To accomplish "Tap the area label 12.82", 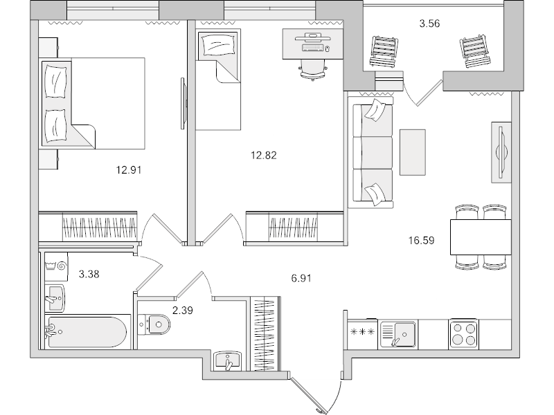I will [263, 155].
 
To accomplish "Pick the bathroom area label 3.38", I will [90, 274].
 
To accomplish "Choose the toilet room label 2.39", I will [182, 310].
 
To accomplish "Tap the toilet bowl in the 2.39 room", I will [153, 323].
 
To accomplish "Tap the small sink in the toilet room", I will [227, 360].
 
